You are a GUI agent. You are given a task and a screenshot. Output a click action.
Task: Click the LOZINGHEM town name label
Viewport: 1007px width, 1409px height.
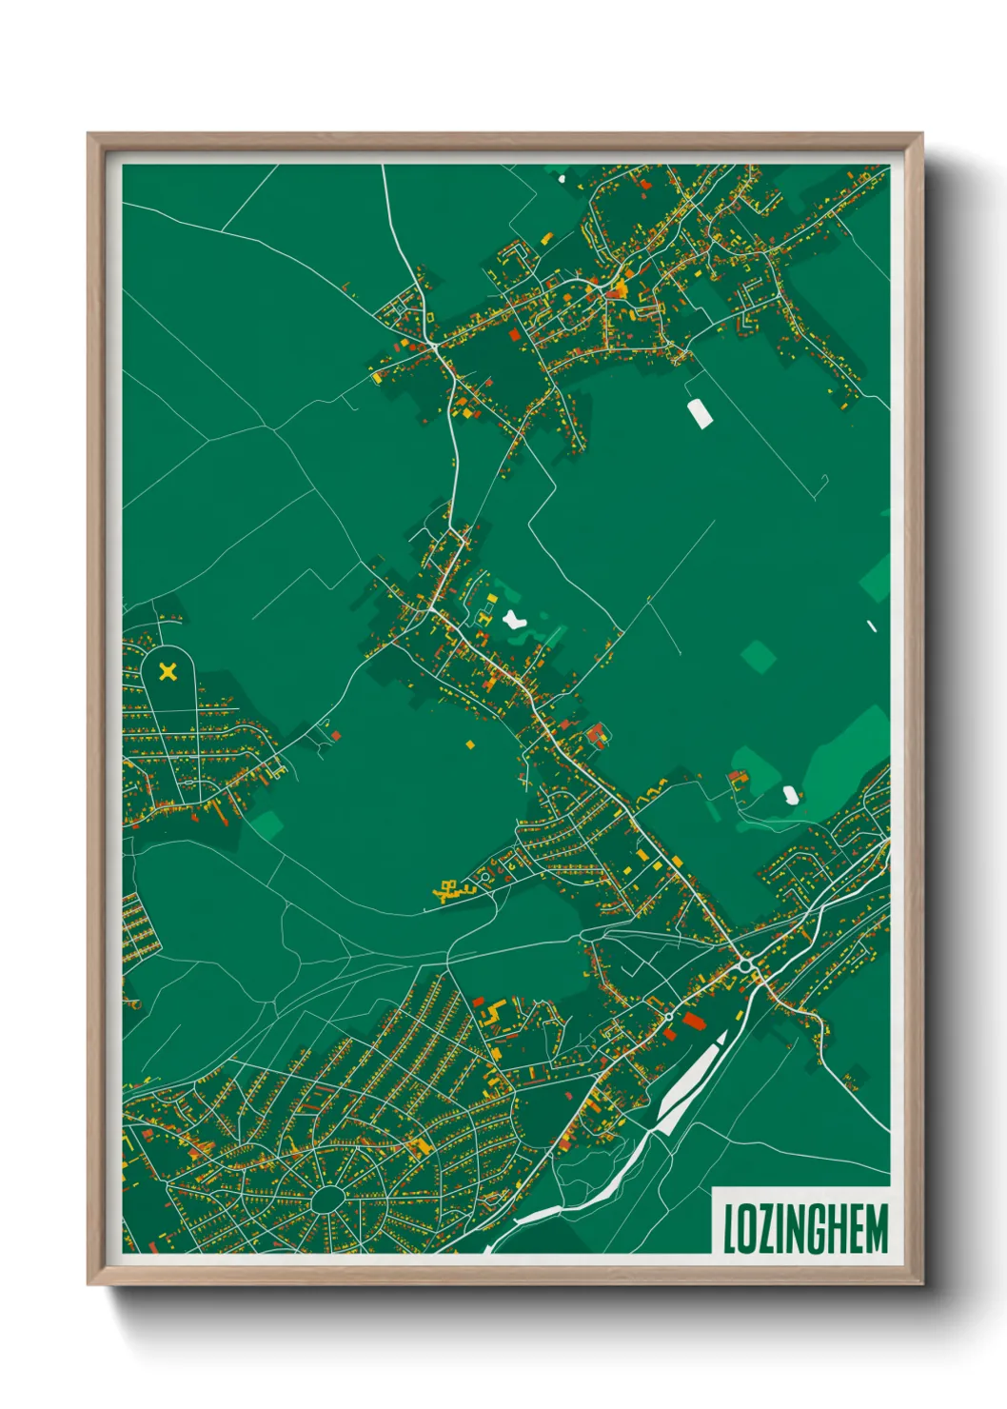tap(805, 1228)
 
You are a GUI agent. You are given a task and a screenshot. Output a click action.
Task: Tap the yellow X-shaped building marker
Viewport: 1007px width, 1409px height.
tap(168, 672)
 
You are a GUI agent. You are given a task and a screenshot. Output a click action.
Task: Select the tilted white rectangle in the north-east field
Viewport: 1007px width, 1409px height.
tap(700, 414)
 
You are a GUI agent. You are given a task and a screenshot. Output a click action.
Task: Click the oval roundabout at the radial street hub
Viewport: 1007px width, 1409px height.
tap(327, 1199)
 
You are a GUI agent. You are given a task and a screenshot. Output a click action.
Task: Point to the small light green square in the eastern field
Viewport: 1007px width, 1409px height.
tap(759, 656)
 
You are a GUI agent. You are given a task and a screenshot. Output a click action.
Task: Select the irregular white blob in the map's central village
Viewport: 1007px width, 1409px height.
tap(514, 620)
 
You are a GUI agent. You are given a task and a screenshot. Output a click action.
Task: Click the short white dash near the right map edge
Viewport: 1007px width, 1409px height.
tap(872, 625)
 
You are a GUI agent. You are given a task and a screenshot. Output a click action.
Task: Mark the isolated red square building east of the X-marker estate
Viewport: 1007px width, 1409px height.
tap(335, 735)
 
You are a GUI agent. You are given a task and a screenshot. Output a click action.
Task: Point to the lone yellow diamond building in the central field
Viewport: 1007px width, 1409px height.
tap(469, 743)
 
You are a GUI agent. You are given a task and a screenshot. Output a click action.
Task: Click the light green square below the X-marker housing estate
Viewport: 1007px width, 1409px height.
tap(267, 824)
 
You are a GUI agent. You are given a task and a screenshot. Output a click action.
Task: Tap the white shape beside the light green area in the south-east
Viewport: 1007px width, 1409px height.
tap(790, 794)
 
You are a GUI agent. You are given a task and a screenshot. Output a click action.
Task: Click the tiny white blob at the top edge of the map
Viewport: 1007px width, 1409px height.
tap(561, 175)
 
